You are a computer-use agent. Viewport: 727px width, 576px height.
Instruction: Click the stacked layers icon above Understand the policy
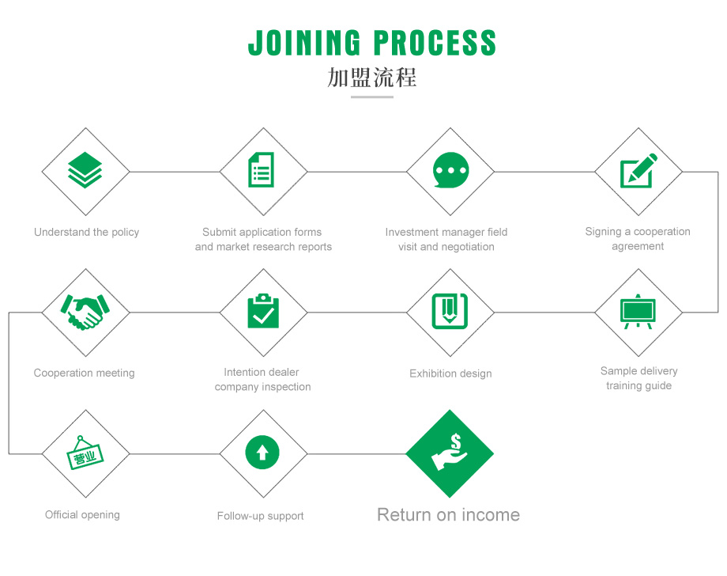[x=85, y=170]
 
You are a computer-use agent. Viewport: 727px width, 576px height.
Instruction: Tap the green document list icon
[x=261, y=170]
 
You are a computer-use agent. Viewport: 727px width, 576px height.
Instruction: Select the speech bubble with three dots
[x=450, y=170]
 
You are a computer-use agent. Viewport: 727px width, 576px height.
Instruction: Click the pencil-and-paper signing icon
[x=638, y=170]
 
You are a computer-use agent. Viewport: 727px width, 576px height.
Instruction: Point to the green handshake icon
[x=85, y=312]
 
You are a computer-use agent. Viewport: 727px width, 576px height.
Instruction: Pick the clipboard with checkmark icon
[x=263, y=311]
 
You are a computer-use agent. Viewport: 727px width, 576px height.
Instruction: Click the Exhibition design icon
[x=450, y=311]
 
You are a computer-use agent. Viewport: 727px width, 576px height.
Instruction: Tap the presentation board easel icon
[x=638, y=312]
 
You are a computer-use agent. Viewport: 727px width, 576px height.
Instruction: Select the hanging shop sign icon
[x=85, y=453]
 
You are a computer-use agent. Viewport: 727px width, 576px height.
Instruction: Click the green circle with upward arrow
[x=262, y=452]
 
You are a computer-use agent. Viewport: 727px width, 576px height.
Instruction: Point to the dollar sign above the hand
[x=456, y=441]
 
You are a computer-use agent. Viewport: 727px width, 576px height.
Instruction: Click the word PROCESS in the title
[x=435, y=43]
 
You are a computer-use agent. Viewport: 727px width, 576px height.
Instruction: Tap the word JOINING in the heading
[x=304, y=43]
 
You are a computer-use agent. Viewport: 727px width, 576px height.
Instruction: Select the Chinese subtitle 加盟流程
[x=372, y=77]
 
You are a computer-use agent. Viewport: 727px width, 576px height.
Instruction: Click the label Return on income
[x=448, y=515]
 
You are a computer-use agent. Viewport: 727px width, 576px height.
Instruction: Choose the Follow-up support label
[x=260, y=516]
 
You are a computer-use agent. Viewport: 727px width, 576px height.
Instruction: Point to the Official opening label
[x=82, y=515]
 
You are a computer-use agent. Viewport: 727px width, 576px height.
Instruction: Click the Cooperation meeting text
[x=84, y=373]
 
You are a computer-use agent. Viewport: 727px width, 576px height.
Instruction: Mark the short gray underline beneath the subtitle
[x=372, y=97]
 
